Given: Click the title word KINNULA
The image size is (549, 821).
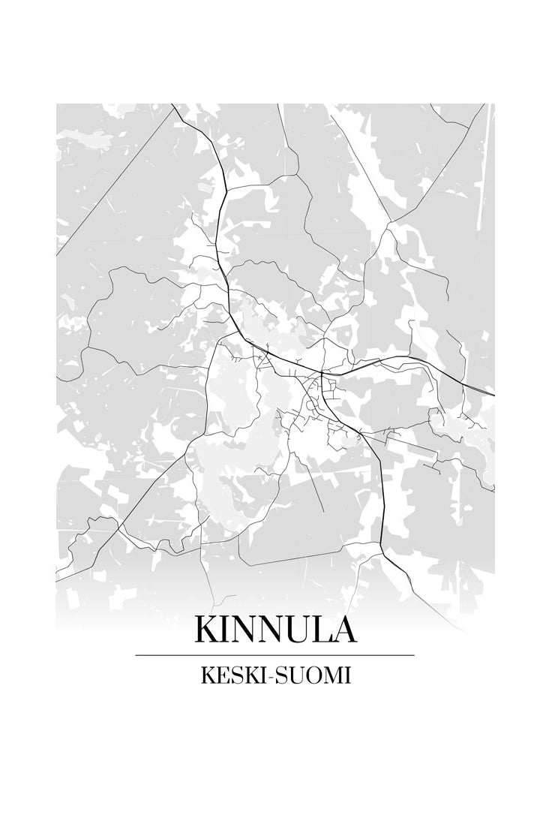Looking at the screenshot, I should point(274,630).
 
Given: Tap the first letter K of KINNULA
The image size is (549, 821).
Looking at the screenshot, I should point(208,630).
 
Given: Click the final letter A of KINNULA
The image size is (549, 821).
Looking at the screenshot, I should point(343,630).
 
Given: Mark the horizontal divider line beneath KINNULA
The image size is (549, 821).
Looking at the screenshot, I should point(274,655).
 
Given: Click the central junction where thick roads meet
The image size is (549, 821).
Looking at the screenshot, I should point(321,372).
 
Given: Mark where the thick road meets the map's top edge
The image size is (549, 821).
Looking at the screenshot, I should point(173,106).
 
